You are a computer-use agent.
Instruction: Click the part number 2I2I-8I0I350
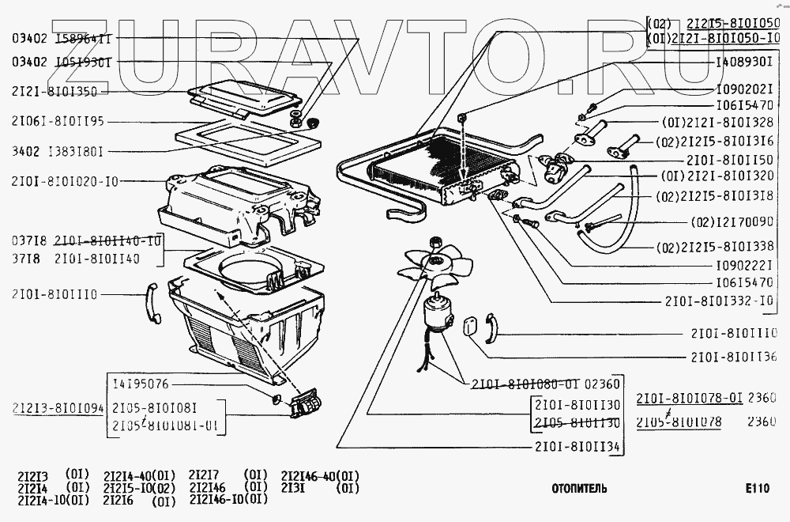tap(55, 92)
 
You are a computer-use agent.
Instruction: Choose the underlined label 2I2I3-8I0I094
tap(58, 409)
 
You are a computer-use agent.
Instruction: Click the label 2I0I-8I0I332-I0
tap(720, 301)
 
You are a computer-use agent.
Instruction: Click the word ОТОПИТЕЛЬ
tap(580, 489)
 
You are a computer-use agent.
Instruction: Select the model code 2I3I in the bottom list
tap(292, 488)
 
